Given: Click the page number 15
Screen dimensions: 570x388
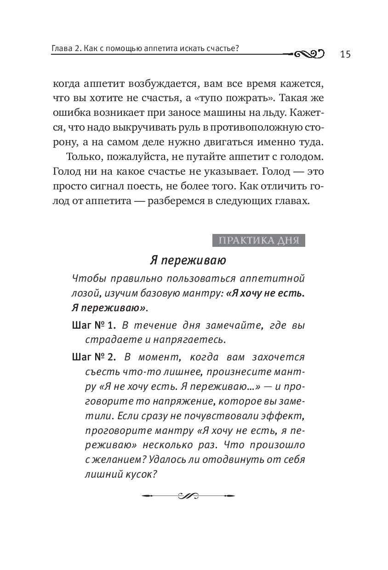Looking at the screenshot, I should pyautogui.click(x=345, y=55).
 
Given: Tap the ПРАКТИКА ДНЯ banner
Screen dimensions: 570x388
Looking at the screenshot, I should pyautogui.click(x=259, y=241).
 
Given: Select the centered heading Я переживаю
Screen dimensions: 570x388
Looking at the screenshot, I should pyautogui.click(x=188, y=261).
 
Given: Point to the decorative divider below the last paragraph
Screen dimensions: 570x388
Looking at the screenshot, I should pyautogui.click(x=188, y=496).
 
